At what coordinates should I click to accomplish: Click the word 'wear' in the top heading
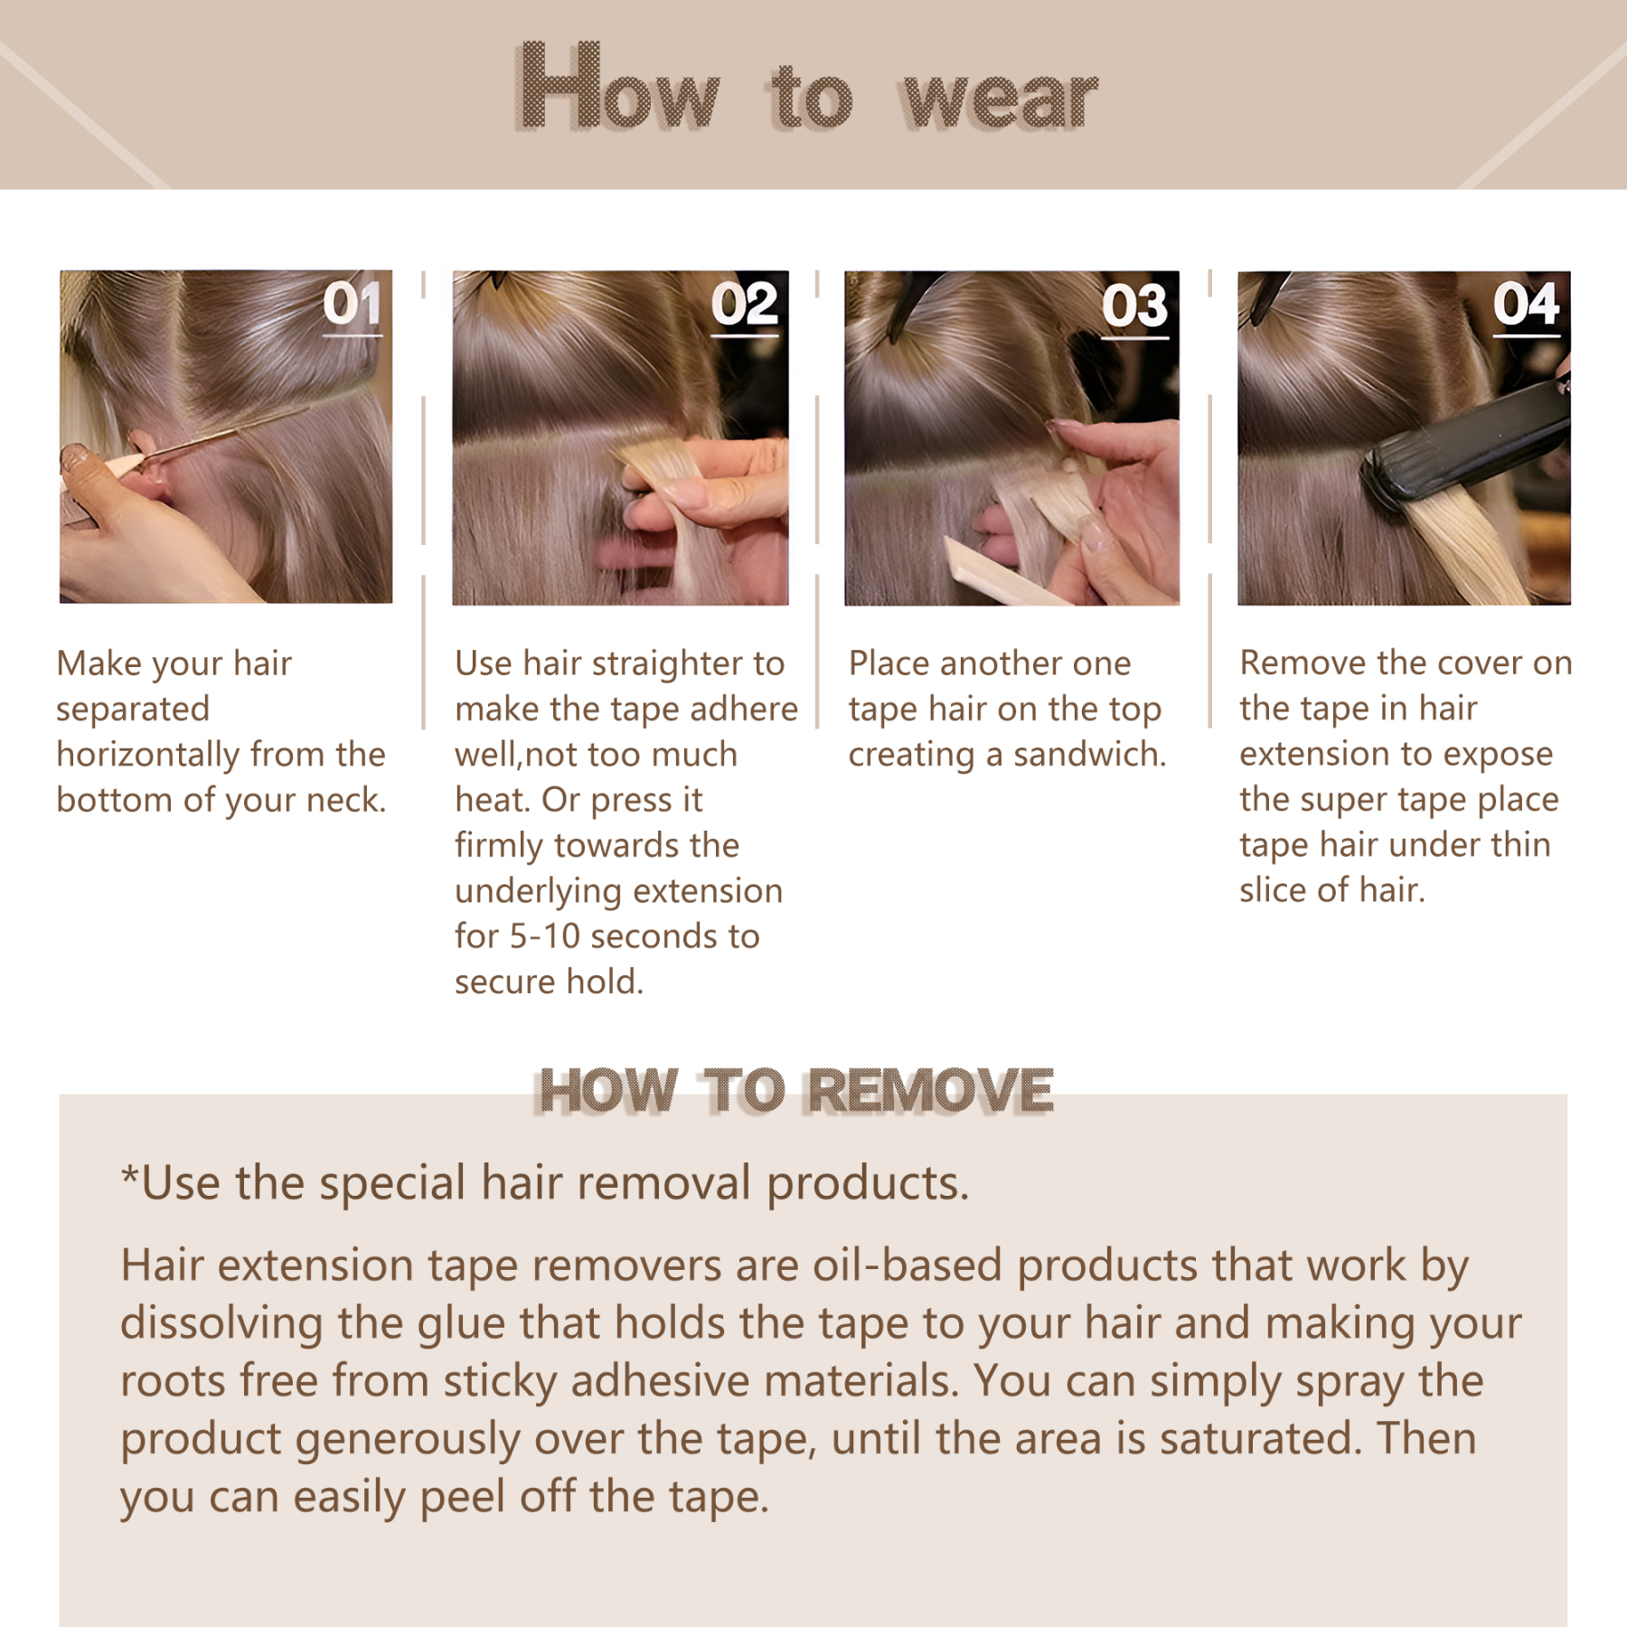(1000, 99)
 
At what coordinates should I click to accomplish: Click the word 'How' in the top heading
(619, 90)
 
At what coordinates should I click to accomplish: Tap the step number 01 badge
(352, 304)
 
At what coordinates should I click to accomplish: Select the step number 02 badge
(744, 305)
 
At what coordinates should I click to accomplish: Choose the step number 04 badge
(1526, 304)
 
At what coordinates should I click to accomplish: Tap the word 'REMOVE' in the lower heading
(930, 1091)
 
